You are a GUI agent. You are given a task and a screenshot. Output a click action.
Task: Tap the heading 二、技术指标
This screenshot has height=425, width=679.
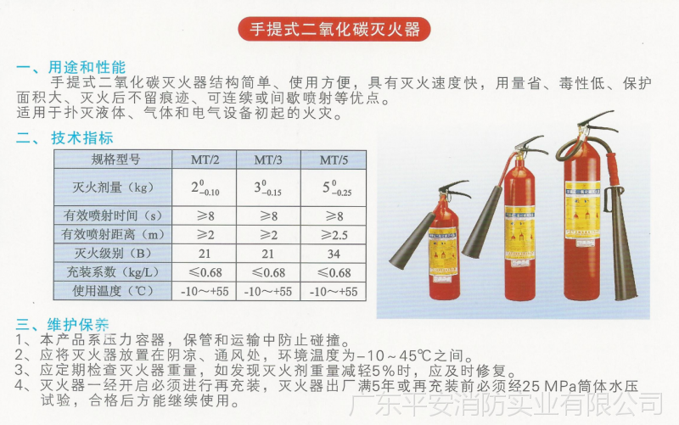click(71, 137)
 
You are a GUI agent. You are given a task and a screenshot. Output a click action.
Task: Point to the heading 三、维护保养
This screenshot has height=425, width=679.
click(65, 325)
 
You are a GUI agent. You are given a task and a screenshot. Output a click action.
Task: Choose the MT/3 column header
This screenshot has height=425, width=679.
click(268, 159)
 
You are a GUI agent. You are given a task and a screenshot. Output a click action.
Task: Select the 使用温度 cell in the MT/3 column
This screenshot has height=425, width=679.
click(268, 291)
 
